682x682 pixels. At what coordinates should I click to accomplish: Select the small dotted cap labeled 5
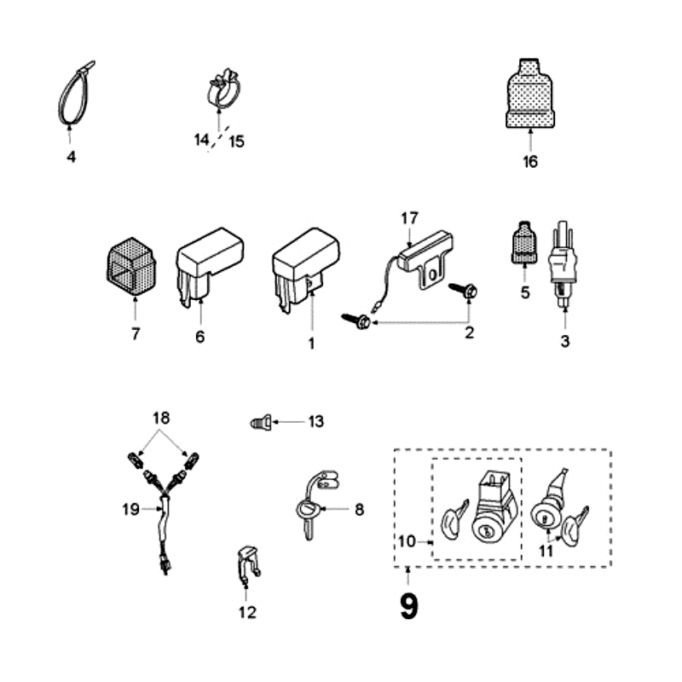pyautogui.click(x=524, y=243)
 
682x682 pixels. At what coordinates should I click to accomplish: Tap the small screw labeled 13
pyautogui.click(x=263, y=421)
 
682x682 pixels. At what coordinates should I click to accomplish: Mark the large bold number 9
pyautogui.click(x=409, y=606)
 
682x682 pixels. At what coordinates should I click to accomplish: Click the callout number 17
pyautogui.click(x=408, y=218)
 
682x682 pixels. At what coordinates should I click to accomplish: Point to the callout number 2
pyautogui.click(x=469, y=333)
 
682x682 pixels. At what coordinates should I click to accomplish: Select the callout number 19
pyautogui.click(x=130, y=510)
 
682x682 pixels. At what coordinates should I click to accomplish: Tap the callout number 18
pyautogui.click(x=161, y=419)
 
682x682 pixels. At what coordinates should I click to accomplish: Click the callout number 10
pyautogui.click(x=407, y=541)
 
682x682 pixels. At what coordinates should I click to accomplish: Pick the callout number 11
pyautogui.click(x=546, y=552)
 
